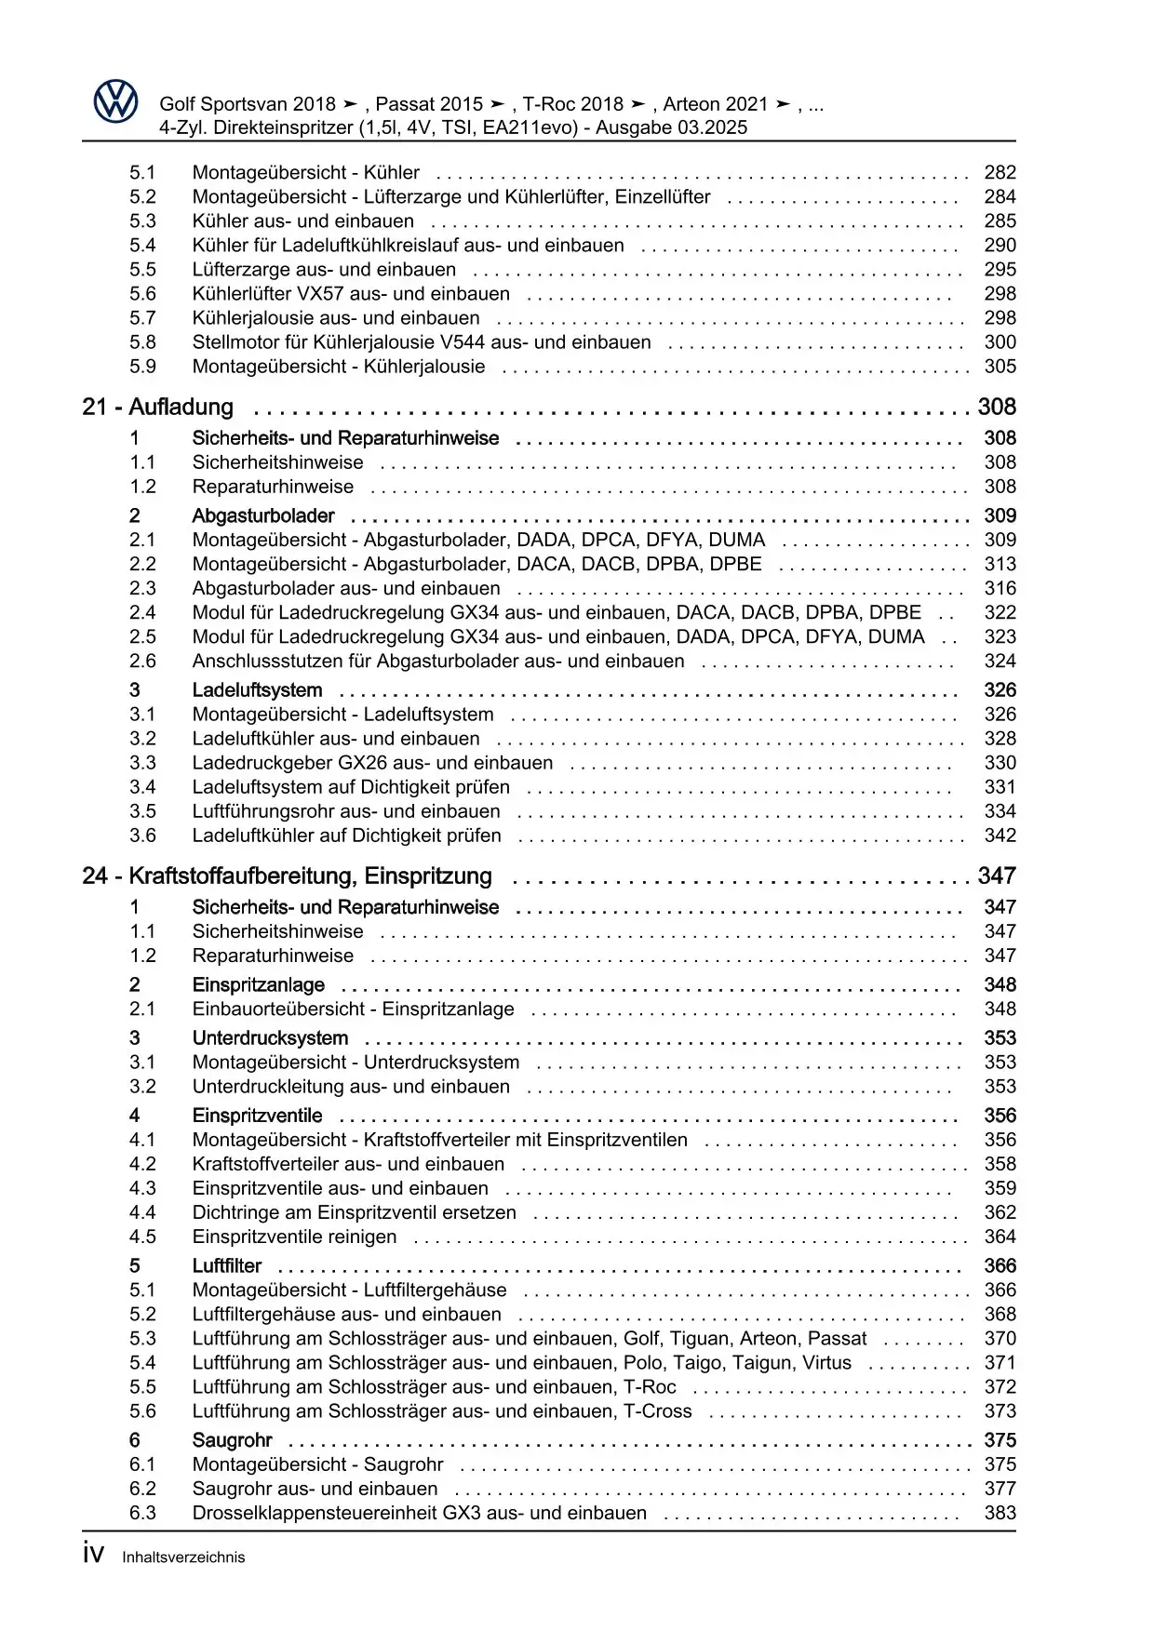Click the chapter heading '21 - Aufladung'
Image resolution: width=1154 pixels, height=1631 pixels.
[158, 408]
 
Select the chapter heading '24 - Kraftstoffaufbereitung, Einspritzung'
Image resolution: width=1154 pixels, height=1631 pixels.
[287, 876]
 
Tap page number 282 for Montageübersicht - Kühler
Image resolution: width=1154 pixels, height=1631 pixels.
[1000, 173]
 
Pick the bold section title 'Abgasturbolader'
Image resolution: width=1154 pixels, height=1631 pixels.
[263, 516]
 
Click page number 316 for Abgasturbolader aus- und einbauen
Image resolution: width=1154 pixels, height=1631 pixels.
[1000, 589]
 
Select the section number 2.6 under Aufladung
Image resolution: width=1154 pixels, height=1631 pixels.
[142, 662]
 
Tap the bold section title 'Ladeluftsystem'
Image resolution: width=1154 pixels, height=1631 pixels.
[257, 690]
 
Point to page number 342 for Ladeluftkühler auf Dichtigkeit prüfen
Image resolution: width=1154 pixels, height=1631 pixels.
[1000, 836]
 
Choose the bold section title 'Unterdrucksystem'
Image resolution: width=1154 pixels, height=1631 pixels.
[270, 1038]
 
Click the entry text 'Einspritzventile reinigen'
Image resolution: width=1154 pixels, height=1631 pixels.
[294, 1237]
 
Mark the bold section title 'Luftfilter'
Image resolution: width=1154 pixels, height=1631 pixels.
[227, 1266]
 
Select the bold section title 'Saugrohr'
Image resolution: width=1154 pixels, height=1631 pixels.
[232, 1440]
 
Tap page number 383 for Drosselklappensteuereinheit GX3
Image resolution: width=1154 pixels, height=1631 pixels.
[1000, 1513]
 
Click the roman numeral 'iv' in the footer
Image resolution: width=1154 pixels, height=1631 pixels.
[93, 1555]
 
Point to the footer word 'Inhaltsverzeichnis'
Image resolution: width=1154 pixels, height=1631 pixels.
[183, 1557]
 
